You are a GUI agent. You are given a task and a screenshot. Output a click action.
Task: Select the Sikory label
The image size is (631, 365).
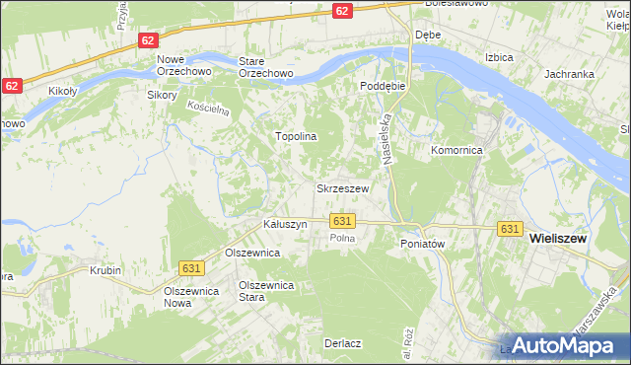(x=161, y=96)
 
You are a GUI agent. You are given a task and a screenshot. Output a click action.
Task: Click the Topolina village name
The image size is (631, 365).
(x=295, y=137)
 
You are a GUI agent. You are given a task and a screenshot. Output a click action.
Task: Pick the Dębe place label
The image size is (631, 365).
(x=427, y=35)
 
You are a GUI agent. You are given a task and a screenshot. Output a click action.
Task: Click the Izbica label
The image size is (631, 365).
(x=499, y=57)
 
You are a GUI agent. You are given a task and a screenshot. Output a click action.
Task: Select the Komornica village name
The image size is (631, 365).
(x=456, y=151)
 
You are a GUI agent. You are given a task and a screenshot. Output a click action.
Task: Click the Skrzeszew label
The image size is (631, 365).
(x=342, y=188)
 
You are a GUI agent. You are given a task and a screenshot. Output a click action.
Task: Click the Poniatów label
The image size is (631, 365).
(x=424, y=243)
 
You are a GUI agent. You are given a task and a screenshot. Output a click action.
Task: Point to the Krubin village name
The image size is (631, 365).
(x=105, y=270)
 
